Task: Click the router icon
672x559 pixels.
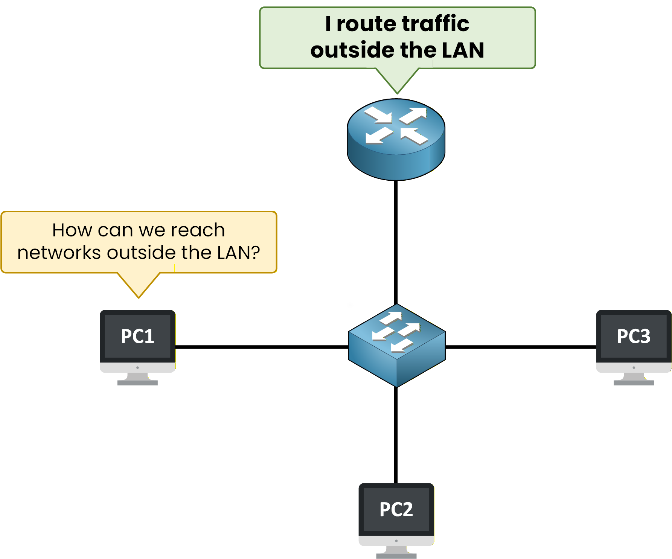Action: click(x=396, y=139)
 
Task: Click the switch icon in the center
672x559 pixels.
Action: click(x=397, y=346)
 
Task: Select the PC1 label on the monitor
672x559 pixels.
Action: click(x=137, y=336)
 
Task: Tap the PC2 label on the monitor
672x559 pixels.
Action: click(x=396, y=509)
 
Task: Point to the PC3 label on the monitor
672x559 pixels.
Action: click(x=634, y=336)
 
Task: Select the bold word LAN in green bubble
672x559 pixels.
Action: click(x=463, y=50)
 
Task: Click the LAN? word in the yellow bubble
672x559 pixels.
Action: click(x=239, y=253)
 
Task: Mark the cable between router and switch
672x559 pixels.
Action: click(x=396, y=241)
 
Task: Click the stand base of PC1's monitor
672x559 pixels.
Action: click(x=137, y=382)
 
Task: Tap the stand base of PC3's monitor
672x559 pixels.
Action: click(x=634, y=382)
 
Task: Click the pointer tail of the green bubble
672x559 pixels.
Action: click(x=398, y=81)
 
